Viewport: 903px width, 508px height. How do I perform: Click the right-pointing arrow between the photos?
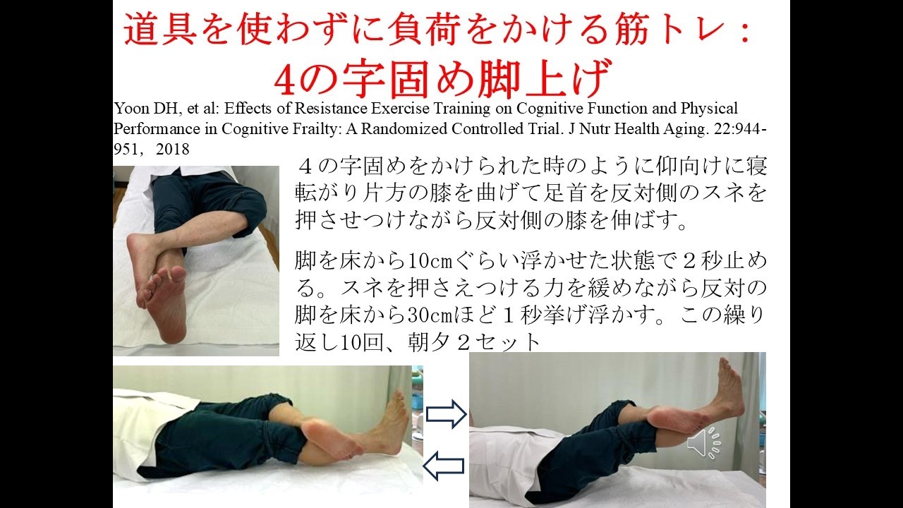tap(447, 414)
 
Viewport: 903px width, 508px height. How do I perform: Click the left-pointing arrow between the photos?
tap(443, 466)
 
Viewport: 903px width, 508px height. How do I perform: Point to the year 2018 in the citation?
tap(173, 150)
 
